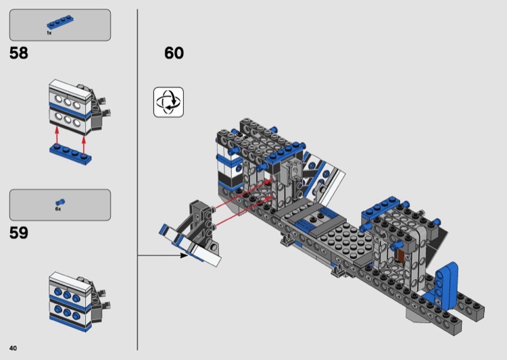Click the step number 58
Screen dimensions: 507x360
19,53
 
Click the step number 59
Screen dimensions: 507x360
19,233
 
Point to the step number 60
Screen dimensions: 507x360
174,53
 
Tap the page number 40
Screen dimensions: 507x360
13,348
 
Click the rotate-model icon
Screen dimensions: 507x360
168,102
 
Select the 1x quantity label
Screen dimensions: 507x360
49,33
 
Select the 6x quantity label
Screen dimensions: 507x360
58,209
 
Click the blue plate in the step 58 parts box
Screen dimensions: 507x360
59,22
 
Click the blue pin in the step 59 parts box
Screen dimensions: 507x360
59,203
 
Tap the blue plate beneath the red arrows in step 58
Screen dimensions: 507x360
70,155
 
